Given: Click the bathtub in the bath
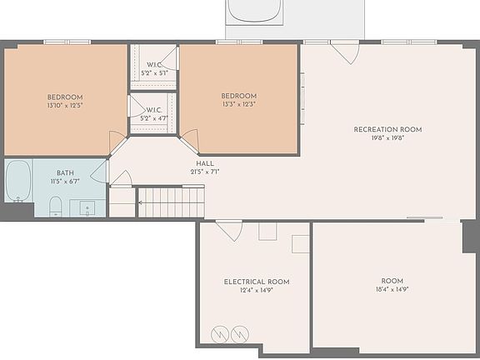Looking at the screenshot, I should click(18, 181).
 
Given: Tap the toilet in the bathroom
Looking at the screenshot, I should click(56, 205).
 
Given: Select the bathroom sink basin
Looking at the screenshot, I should click(87, 208).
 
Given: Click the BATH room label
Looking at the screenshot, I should click(65, 172).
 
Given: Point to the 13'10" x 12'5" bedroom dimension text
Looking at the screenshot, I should click(65, 107).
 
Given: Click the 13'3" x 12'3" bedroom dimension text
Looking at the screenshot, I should click(238, 104).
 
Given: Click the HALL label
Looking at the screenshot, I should click(205, 163).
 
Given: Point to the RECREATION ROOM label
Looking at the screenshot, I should click(387, 129).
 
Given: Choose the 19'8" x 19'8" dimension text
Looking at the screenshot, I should click(387, 139).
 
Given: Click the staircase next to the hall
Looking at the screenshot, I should click(170, 202).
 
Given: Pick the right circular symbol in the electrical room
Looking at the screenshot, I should click(241, 333).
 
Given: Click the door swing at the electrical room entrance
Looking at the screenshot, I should click(229, 230).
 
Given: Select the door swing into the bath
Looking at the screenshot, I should click(100, 172).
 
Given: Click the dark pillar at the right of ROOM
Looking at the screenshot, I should click(471, 237).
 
